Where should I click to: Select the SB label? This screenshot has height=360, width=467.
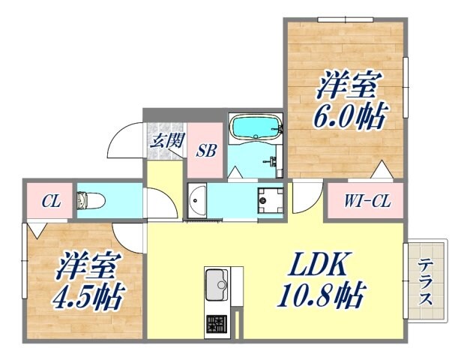coord(206,150)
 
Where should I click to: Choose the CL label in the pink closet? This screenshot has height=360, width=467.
coord(50,200)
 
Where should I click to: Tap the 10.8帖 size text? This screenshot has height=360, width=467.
coord(322,295)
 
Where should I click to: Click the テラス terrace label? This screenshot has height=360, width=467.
coord(426,281)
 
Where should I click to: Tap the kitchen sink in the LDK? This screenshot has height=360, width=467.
coord(217,283)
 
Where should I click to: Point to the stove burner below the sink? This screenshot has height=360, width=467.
coord(217,323)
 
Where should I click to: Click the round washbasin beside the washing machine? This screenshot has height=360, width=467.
coord(196,199)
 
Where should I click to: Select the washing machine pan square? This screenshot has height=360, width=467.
coord(269,199)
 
